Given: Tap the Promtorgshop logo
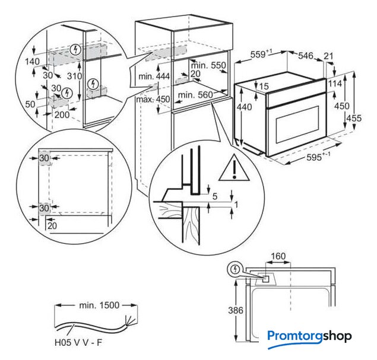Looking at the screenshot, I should (309, 337).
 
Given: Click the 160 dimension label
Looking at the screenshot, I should (278, 257).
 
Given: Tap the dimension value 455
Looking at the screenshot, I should (354, 118).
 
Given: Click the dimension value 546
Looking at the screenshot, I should (305, 56).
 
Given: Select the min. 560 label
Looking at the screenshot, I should (194, 95).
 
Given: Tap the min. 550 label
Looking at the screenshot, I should (210, 65).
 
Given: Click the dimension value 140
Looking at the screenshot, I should (31, 61).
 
